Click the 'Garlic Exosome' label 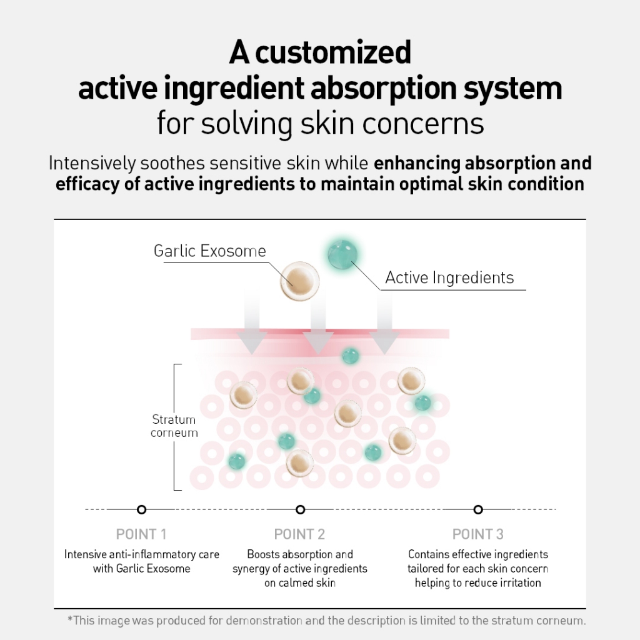209,251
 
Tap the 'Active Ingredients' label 449,277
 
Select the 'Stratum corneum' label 174,426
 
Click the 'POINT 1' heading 141,534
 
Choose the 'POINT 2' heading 300,534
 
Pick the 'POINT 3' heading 477,534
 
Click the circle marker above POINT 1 142,509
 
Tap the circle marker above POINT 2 300,509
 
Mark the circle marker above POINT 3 478,509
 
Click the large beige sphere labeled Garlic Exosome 299,281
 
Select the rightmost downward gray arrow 384,331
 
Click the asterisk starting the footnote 70,620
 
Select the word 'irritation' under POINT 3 517,583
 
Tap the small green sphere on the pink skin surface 350,356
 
